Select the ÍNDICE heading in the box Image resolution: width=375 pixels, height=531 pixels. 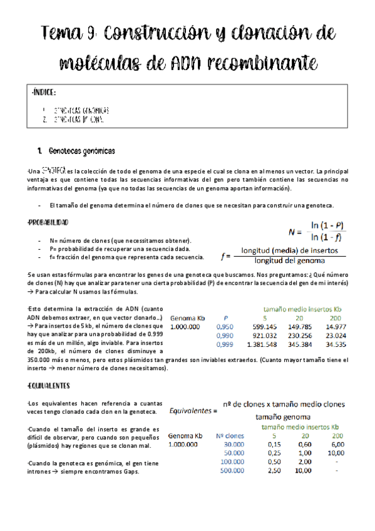pos(44,93)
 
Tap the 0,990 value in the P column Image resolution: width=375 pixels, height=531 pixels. pos(224,336)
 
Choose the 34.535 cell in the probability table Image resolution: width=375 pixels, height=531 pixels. pos(337,344)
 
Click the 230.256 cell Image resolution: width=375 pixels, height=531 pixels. pos(300,336)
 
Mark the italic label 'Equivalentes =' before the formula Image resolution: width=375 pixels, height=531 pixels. pos(192,411)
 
